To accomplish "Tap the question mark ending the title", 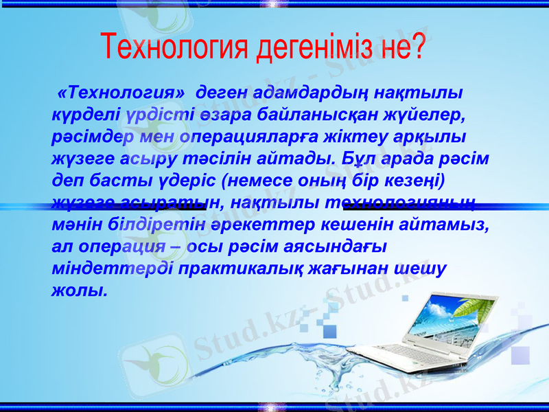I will pyautogui.click(x=416, y=46).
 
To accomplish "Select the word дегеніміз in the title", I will pyautogui.click(x=314, y=46).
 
